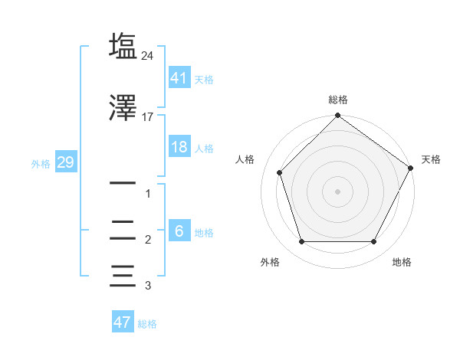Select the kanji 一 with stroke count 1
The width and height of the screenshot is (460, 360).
point(123,184)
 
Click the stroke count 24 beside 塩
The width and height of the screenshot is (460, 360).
point(148,56)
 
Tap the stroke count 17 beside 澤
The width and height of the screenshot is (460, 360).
point(148,117)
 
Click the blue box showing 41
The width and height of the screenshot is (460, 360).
point(179,78)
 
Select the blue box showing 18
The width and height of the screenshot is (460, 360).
point(179,147)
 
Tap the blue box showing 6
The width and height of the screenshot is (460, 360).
point(179,231)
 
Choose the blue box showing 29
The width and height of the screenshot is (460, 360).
point(65,163)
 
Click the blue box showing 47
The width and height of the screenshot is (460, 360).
point(123,322)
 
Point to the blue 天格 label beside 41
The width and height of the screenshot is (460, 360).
point(204,80)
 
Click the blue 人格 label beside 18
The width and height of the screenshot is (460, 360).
point(204,149)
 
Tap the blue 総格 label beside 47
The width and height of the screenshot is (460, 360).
point(147,324)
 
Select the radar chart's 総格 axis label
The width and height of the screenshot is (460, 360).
point(337,100)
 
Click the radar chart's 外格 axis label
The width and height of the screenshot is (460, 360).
point(270,262)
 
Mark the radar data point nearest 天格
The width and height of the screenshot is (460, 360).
point(411,168)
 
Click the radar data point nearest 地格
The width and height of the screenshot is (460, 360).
point(373,242)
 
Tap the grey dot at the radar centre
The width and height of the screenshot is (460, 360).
point(337,191)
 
